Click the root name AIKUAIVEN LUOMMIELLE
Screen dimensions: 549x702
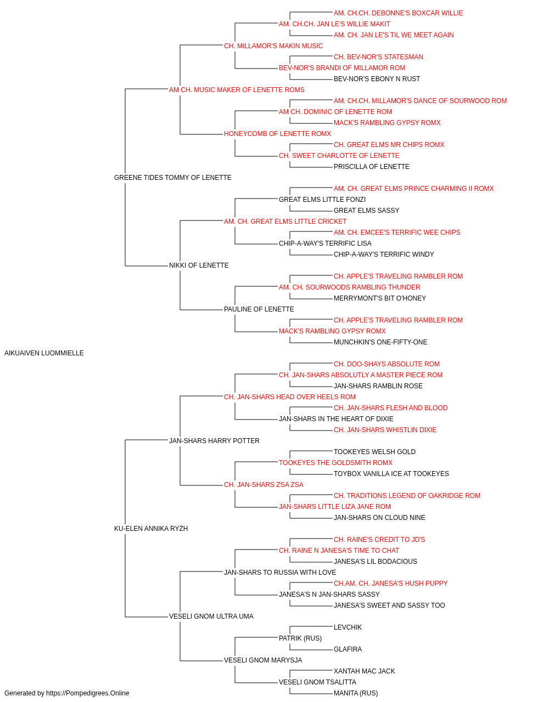(x=44, y=353)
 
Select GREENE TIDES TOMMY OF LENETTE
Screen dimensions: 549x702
(x=172, y=178)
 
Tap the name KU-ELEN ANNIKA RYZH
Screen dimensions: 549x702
(x=151, y=529)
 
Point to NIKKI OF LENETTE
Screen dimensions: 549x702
(x=199, y=265)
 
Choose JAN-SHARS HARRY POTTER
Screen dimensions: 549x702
(x=214, y=441)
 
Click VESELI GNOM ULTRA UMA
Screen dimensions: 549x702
(x=211, y=616)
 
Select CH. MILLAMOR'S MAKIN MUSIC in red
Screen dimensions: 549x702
(x=273, y=46)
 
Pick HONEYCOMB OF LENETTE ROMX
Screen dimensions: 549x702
(x=278, y=134)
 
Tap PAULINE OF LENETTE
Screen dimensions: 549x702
(x=259, y=309)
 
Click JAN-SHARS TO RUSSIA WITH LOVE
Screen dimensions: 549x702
(x=280, y=573)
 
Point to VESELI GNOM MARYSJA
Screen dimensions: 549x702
(x=263, y=660)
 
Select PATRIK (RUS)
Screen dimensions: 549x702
(x=300, y=638)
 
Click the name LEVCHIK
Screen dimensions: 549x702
(x=348, y=627)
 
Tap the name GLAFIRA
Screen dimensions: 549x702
(x=348, y=649)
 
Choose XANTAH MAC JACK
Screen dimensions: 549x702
(x=365, y=671)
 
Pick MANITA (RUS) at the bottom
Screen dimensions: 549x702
(x=356, y=693)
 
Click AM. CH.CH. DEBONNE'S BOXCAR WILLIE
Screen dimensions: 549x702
(x=399, y=13)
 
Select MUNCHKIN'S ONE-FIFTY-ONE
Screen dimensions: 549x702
(x=380, y=342)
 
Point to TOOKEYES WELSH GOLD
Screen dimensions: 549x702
(x=375, y=452)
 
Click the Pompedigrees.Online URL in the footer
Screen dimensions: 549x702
(x=88, y=693)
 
